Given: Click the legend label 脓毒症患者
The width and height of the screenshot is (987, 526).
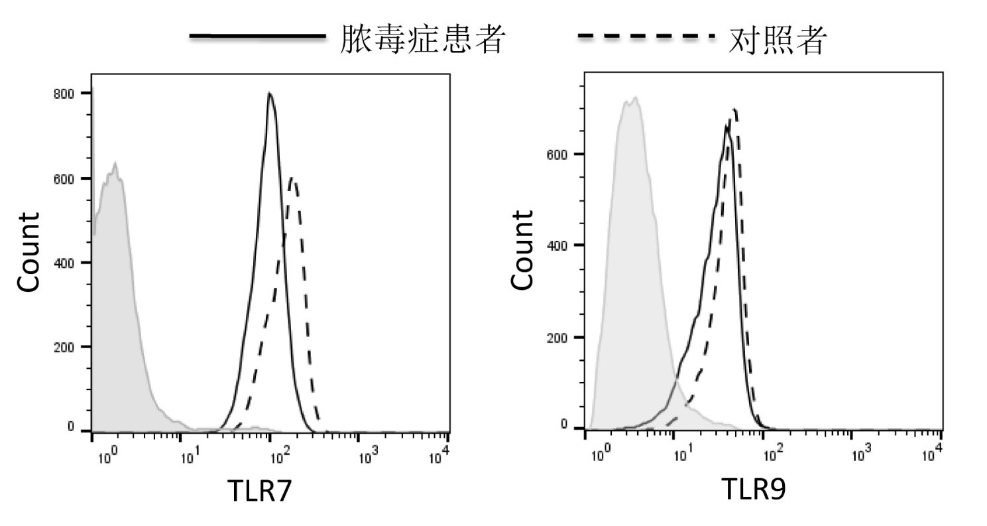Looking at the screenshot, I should [423, 38].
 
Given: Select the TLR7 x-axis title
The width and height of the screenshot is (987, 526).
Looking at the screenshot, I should [259, 491].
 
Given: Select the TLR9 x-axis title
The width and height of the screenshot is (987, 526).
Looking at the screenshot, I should [754, 490].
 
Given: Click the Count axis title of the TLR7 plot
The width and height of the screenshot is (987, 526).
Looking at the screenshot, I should [29, 252].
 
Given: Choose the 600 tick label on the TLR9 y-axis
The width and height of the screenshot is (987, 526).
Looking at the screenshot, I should [557, 154].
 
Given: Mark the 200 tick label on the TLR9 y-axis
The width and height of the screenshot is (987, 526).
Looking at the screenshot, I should [557, 337].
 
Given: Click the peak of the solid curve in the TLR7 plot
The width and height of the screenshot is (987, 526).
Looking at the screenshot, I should [269, 94].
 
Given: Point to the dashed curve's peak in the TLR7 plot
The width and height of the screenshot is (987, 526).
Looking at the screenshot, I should [292, 178].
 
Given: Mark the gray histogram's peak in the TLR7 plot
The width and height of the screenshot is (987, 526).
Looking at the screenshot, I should [115, 163].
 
